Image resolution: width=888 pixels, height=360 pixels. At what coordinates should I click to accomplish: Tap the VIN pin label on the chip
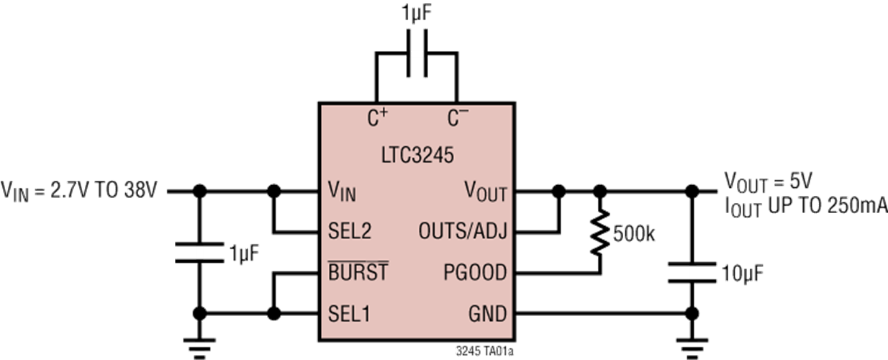[342, 192]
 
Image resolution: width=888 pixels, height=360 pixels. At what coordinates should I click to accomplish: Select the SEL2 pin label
[350, 232]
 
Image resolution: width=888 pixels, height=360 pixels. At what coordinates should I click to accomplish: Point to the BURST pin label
[358, 273]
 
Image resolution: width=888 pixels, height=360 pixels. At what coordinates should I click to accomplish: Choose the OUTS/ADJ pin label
[463, 232]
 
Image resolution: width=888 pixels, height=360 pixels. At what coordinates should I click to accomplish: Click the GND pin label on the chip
[487, 314]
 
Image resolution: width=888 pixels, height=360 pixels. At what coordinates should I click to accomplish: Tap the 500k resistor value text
[634, 235]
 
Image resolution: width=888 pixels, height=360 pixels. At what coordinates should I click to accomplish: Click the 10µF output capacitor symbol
[691, 273]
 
